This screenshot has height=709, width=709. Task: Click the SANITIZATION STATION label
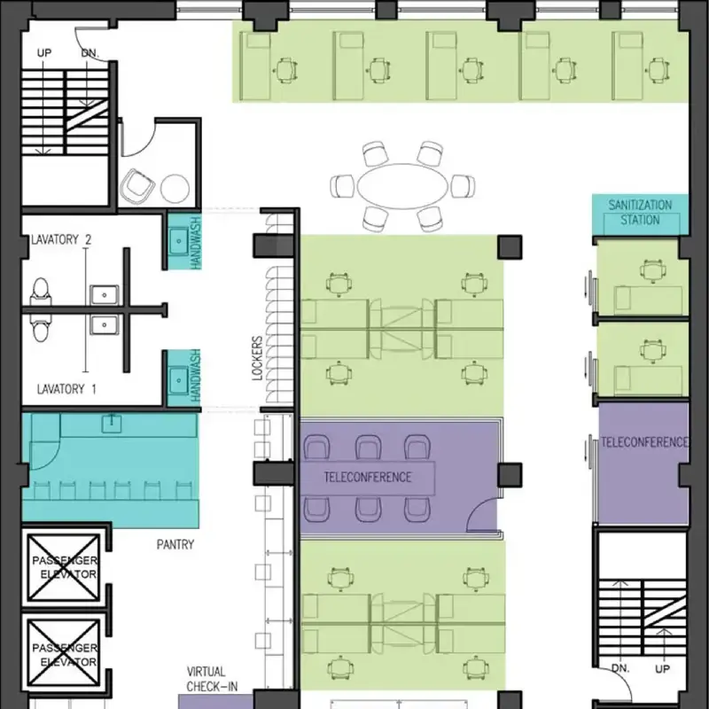tap(639, 212)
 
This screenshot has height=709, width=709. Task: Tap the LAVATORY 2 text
tap(61, 239)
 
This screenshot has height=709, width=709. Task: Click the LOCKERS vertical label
tap(257, 357)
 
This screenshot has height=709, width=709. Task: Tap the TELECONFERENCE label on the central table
tap(367, 477)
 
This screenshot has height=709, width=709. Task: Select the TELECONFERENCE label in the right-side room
tap(644, 441)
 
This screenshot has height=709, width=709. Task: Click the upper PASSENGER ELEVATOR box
tap(63, 568)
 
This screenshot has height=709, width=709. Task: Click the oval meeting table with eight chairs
tap(402, 186)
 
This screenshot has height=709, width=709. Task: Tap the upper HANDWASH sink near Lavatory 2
tap(177, 239)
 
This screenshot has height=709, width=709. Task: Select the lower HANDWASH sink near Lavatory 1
tap(177, 379)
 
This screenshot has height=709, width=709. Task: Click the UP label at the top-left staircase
tap(44, 53)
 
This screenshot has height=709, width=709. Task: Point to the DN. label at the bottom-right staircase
tap(619, 669)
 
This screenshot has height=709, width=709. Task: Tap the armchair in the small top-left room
tap(138, 185)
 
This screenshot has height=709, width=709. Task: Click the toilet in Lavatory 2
tap(40, 292)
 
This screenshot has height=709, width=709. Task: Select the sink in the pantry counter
tap(112, 424)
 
